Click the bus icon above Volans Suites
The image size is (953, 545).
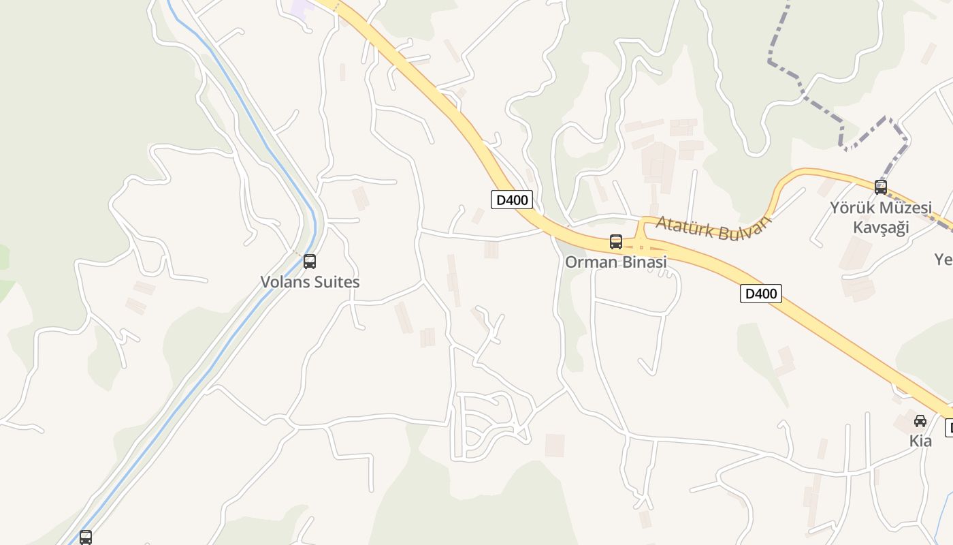tap(310, 261)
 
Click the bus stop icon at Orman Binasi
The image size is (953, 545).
tap(616, 242)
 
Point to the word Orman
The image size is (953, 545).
tap(590, 262)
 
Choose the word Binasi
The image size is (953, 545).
tap(642, 262)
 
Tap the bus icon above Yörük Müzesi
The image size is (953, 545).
tap(881, 187)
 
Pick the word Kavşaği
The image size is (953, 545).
tap(881, 227)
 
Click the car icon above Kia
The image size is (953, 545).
tap(920, 420)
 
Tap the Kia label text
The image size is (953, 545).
tap(920, 441)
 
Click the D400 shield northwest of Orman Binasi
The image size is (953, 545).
tap(512, 200)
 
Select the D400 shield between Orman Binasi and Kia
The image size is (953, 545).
tap(761, 294)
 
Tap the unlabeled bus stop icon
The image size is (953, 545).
tap(86, 537)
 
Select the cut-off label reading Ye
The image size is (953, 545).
tap(943, 260)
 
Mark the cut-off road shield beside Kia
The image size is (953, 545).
tap(949, 428)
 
